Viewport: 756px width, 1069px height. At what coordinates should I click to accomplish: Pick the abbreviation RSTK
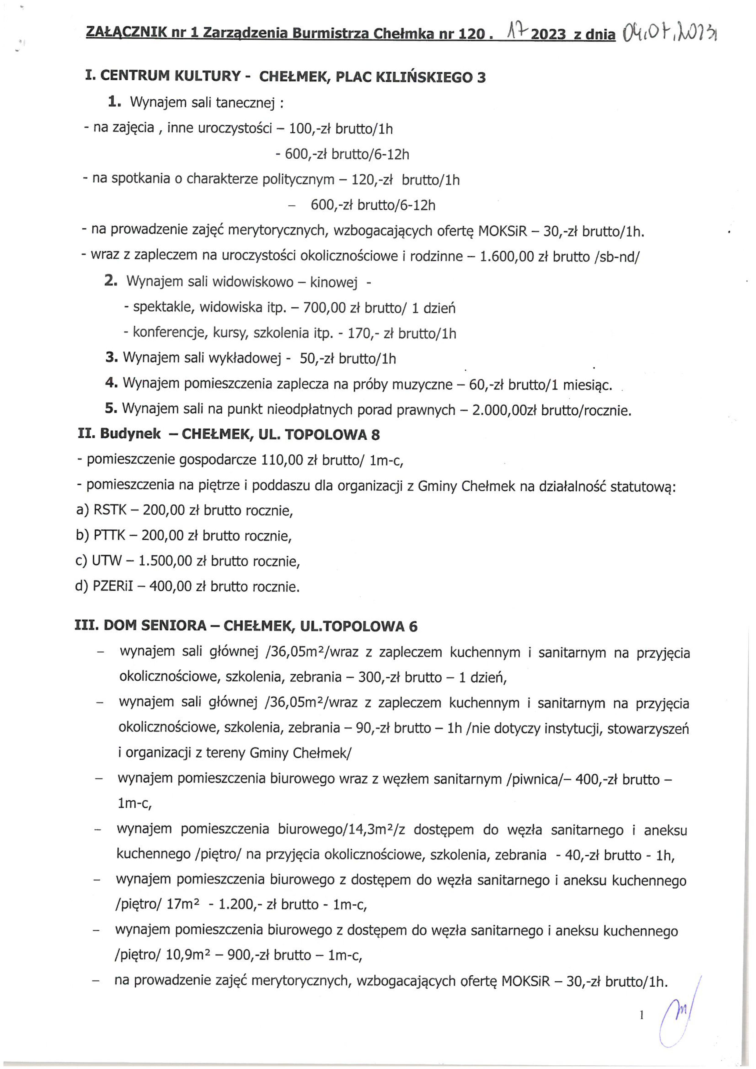[110, 510]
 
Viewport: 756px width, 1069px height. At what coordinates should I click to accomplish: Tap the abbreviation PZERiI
[113, 586]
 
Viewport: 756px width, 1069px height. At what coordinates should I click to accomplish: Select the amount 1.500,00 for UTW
[165, 561]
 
